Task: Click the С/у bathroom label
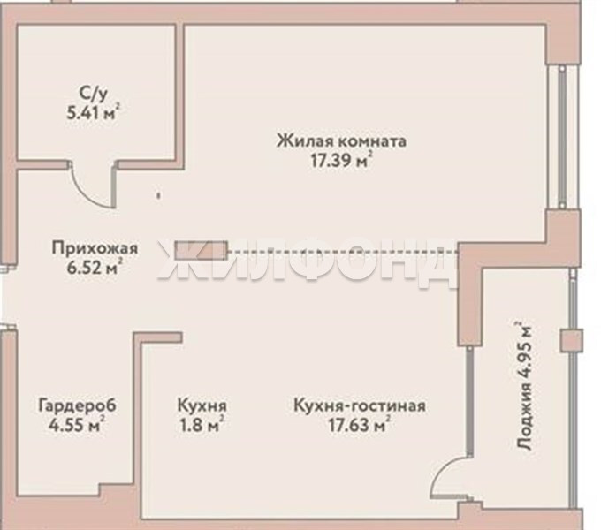(93, 95)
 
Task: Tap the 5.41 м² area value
(94, 113)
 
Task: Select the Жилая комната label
(341, 141)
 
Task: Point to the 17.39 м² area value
(341, 160)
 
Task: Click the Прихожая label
(95, 248)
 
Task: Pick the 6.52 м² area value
(95, 268)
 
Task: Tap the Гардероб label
(78, 405)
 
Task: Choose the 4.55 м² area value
(77, 424)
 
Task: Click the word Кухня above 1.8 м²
(202, 405)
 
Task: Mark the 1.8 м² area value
(202, 425)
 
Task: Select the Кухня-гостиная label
(360, 405)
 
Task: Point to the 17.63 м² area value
(360, 425)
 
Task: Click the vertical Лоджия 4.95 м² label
(524, 386)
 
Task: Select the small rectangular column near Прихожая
(202, 250)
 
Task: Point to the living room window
(563, 137)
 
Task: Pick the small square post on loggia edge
(572, 340)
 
